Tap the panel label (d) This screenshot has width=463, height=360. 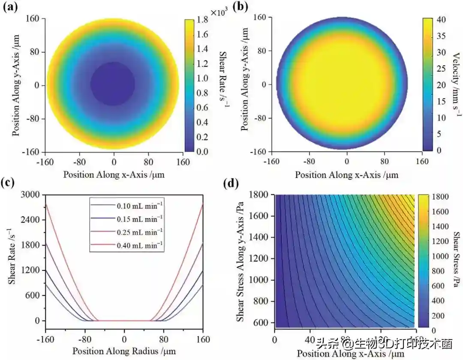tap(233, 183)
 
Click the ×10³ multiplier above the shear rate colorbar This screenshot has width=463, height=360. tap(218, 12)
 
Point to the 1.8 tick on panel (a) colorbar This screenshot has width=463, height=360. tap(203, 20)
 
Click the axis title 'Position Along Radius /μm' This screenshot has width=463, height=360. tap(124, 351)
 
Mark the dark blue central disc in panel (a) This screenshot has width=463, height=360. tap(113, 84)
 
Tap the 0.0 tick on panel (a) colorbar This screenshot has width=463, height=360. tap(203, 152)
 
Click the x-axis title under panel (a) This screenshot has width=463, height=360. tap(114, 174)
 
